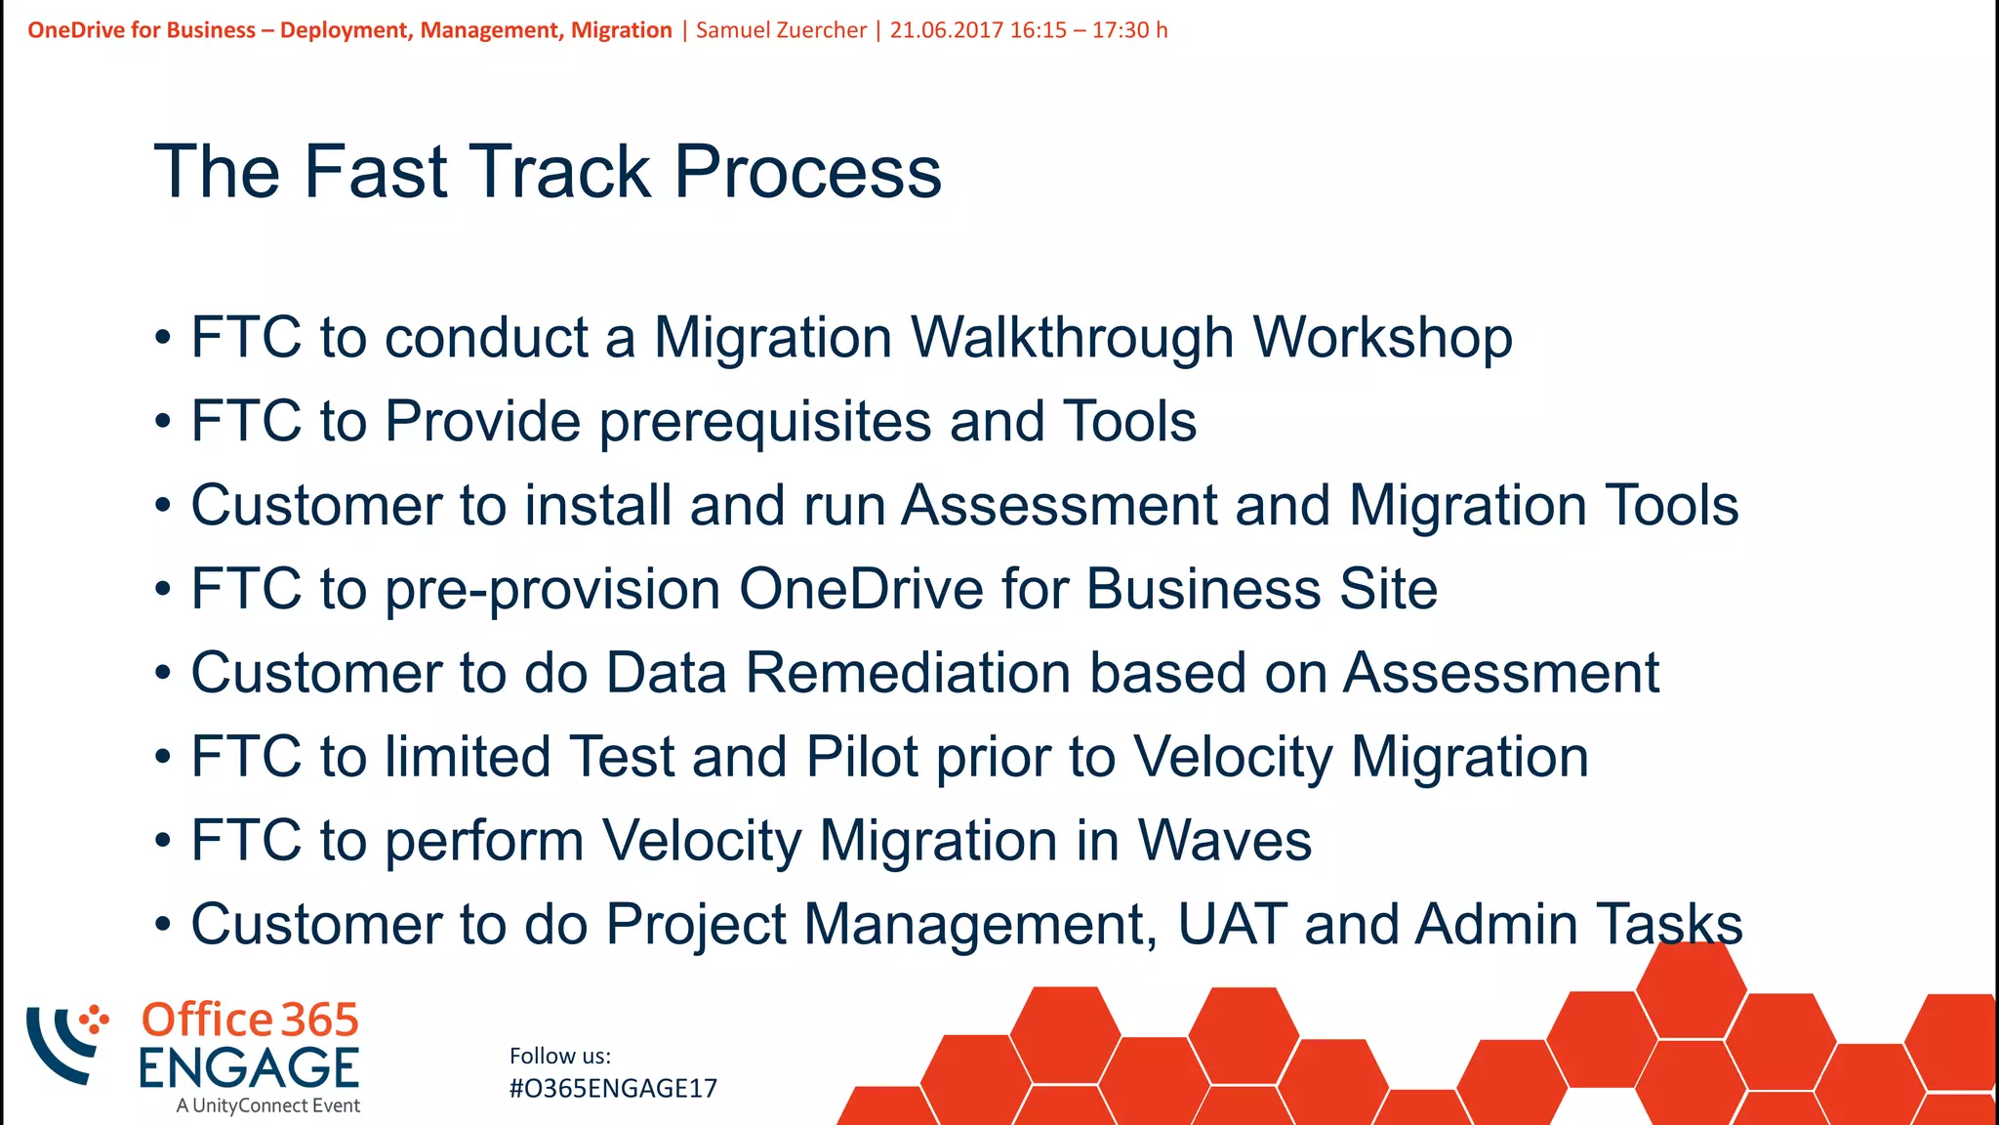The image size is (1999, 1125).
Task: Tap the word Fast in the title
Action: (x=376, y=172)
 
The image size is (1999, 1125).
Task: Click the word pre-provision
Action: (x=553, y=590)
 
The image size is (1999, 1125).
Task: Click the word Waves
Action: (x=1224, y=841)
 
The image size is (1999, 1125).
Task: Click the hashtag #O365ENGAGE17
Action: (x=613, y=1088)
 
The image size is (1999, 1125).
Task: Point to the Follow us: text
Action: (x=560, y=1056)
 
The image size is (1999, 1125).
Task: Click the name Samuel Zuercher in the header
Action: (x=781, y=30)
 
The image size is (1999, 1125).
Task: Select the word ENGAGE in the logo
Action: (x=249, y=1067)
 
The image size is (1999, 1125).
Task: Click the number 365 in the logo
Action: (x=320, y=1020)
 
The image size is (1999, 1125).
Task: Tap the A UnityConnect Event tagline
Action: (x=268, y=1105)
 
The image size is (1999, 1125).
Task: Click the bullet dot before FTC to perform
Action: (x=163, y=841)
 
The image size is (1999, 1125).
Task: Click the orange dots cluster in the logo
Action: (x=95, y=1020)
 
